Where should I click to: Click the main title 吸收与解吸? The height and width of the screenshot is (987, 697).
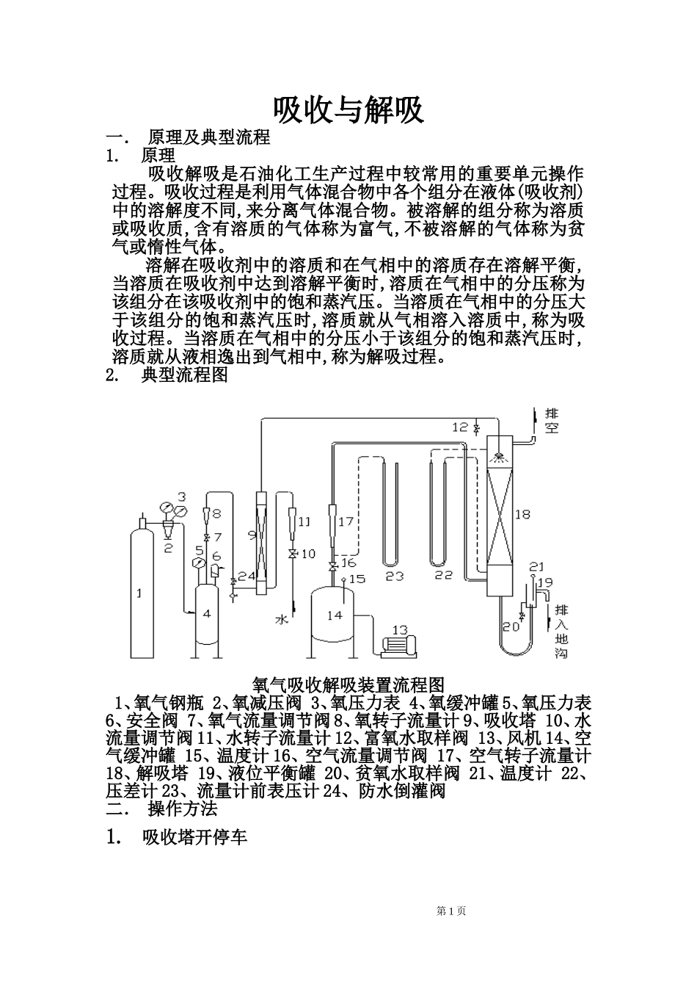348,111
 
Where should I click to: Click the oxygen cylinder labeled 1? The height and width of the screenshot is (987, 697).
140,587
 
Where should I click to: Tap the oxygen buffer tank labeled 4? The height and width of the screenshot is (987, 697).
208,613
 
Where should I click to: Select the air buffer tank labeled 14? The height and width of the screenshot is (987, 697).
335,615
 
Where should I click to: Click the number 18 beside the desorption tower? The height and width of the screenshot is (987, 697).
522,515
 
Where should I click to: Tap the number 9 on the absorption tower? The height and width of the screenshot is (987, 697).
252,534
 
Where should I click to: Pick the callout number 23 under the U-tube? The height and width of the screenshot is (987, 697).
395,576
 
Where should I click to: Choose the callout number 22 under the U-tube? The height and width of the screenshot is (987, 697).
443,576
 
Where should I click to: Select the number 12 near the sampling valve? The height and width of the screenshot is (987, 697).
460,427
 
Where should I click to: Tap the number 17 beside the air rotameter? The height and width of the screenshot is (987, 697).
346,521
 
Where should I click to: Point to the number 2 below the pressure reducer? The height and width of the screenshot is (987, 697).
167,547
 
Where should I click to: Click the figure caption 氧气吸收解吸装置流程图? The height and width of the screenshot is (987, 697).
348,685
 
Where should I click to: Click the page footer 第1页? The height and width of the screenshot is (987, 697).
451,911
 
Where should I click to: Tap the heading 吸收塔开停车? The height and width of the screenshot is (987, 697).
194,838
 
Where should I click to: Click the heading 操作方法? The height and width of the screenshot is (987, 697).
183,809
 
